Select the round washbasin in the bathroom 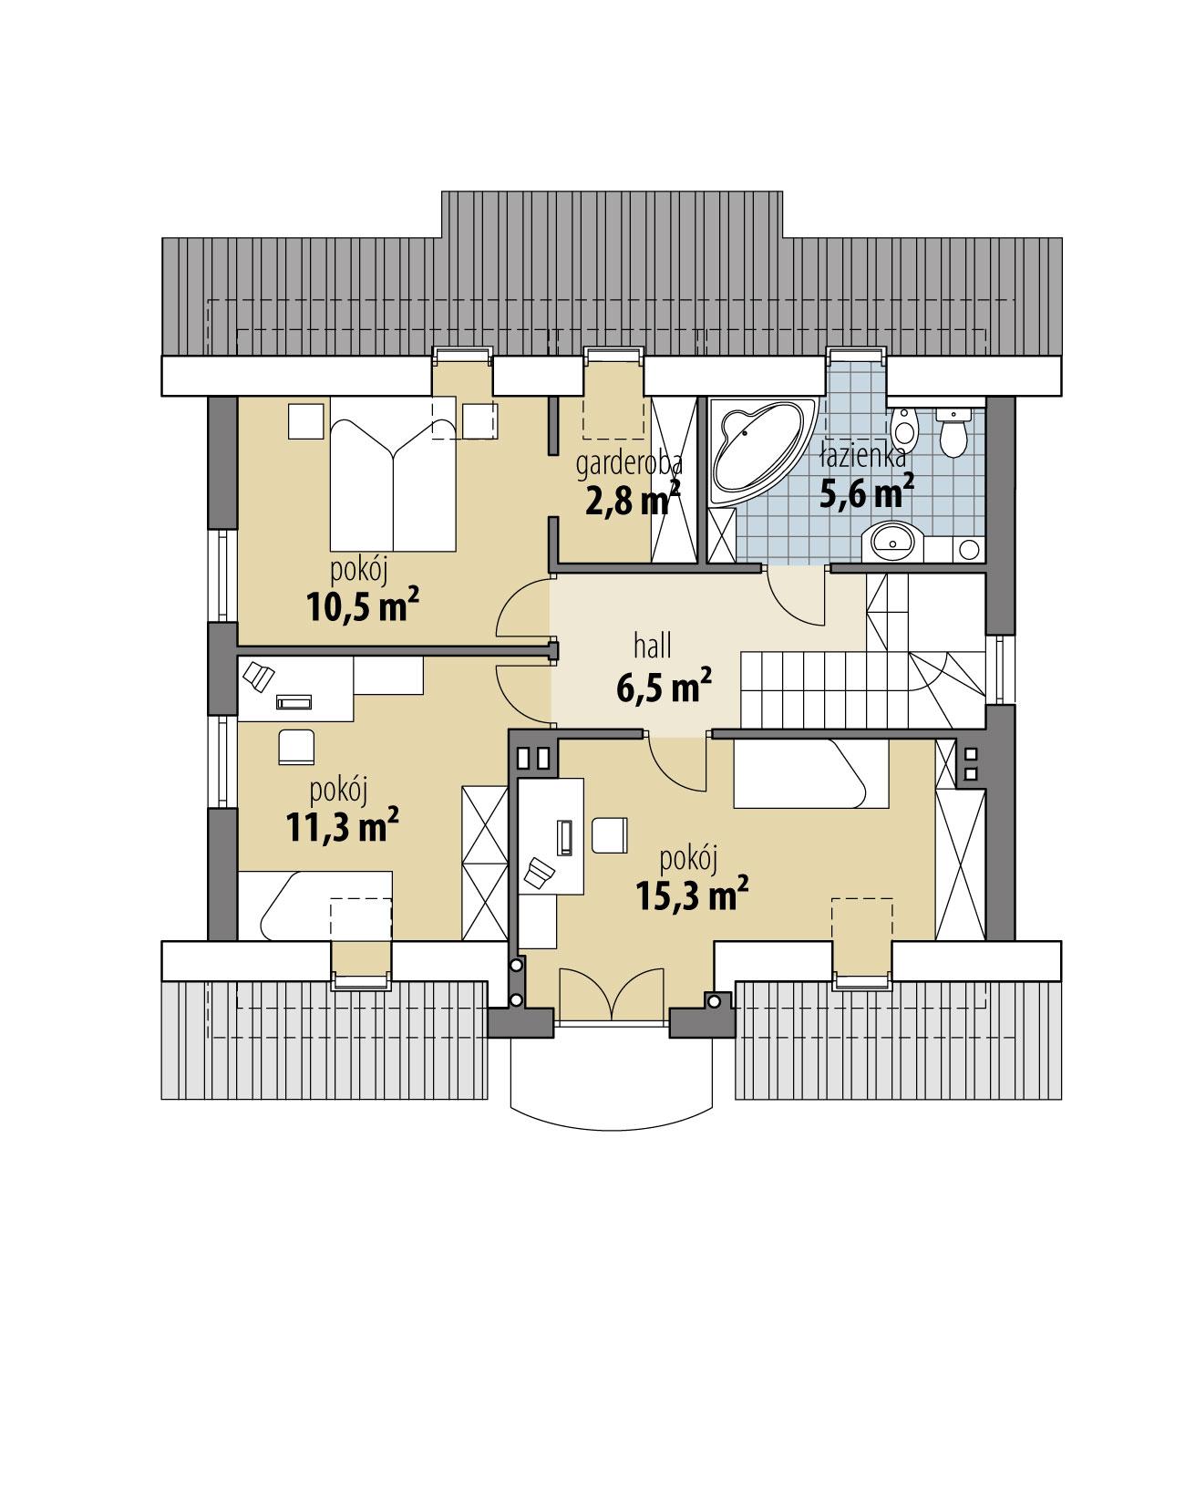[892, 543]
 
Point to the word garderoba [629, 464]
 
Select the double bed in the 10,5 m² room [392, 483]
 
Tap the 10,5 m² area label [356, 605]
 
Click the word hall [653, 647]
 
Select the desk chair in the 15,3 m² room [609, 834]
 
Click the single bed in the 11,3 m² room [314, 906]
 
